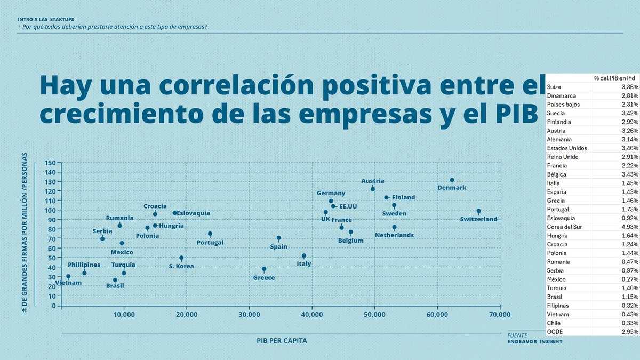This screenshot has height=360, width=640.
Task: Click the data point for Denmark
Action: tap(452, 180)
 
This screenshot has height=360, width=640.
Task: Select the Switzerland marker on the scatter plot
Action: tap(478, 211)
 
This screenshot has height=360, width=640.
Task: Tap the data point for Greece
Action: tap(264, 269)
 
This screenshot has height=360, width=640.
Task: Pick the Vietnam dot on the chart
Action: tap(68, 276)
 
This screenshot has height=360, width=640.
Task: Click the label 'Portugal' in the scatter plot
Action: tap(210, 243)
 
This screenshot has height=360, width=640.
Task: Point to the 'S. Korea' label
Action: tap(181, 266)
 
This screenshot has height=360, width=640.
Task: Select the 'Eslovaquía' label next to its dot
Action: tap(193, 213)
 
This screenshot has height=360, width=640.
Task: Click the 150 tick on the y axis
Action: tap(50, 163)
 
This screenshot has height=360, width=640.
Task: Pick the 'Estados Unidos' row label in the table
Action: tap(567, 148)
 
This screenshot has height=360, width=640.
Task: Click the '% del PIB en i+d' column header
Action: tap(615, 78)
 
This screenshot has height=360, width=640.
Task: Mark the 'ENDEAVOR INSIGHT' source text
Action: tap(534, 342)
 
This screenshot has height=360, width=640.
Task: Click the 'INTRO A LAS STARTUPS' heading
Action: tap(46, 19)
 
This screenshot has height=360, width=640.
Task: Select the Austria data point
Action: tap(373, 189)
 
